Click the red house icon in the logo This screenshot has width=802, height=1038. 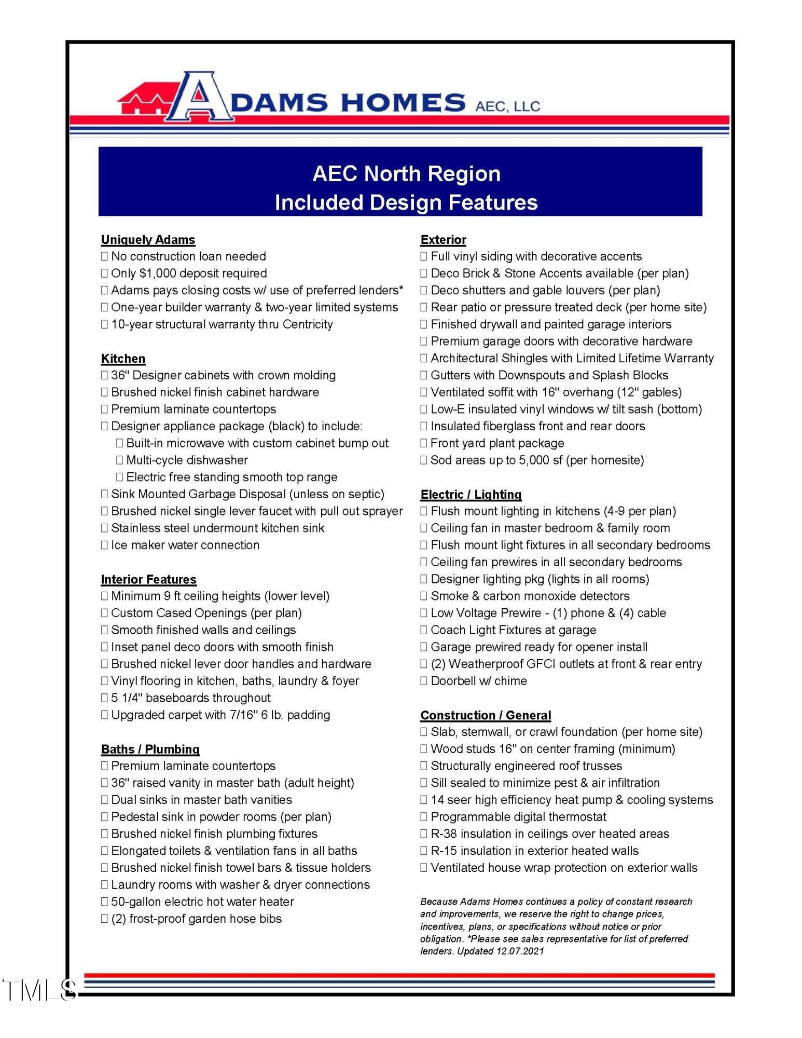coord(143,100)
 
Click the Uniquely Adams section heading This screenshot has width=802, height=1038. coord(148,240)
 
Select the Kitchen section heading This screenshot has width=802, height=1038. coord(123,359)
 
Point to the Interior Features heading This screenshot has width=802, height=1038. coord(148,579)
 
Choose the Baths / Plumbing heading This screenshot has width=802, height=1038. coord(150,749)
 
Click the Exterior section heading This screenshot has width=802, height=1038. coord(443,240)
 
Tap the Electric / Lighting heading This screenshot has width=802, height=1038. coord(471,495)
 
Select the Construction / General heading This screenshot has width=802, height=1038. coord(485,715)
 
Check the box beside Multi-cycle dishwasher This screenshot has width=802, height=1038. coord(119,460)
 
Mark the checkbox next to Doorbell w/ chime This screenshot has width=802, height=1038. coord(424,681)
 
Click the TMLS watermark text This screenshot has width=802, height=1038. coord(39,990)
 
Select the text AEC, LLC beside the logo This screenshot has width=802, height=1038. coord(507,106)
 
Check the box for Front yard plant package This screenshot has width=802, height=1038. coord(424,443)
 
